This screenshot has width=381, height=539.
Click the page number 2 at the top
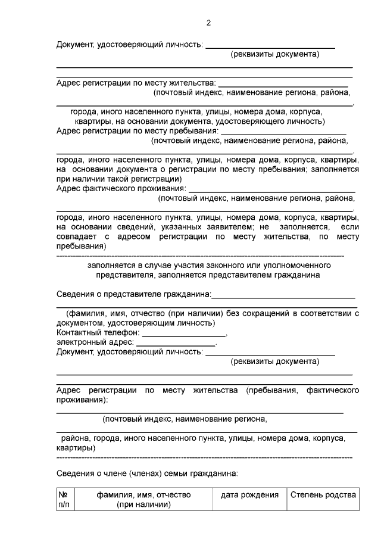[x=208, y=23]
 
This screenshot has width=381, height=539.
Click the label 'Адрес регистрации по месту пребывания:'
[x=138, y=131]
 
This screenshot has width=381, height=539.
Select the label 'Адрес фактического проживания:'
[x=121, y=189]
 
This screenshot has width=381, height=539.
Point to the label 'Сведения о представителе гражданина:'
[x=134, y=294]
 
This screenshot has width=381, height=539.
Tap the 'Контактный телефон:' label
[x=98, y=332]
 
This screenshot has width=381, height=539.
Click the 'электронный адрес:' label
[x=95, y=342]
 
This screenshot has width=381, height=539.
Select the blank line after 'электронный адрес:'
[x=176, y=345]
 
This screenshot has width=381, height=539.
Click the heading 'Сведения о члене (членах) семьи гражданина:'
[x=147, y=474]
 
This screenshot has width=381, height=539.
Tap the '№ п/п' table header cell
[x=64, y=500]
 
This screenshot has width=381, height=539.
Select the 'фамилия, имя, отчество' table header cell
[x=143, y=500]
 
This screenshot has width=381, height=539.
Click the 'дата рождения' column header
[x=249, y=495]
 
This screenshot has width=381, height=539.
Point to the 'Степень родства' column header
[x=323, y=495]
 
